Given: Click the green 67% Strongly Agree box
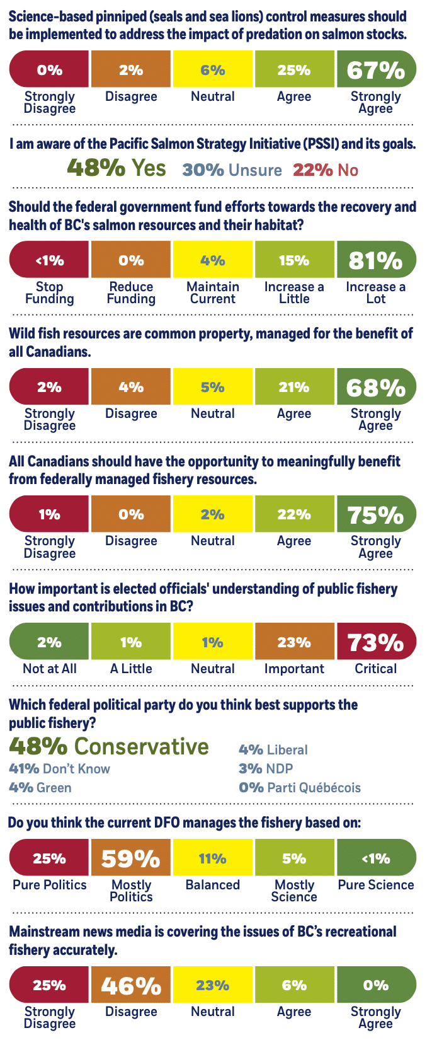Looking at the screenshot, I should (376, 69).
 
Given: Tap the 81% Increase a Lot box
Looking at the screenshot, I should (376, 260).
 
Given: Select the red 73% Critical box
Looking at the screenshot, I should (376, 642).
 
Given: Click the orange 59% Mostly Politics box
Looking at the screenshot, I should (131, 858).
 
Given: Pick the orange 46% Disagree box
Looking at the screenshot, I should (131, 984).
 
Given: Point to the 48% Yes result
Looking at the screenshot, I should (117, 168).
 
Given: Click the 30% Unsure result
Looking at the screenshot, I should (232, 170).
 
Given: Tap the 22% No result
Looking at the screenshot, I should (325, 170).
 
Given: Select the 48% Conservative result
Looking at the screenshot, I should (109, 746).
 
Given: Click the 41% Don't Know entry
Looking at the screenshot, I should (59, 769).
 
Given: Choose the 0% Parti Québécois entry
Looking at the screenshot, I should (300, 788).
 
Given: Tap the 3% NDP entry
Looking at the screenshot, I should (266, 769).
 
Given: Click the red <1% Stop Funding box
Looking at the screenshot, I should (49, 260).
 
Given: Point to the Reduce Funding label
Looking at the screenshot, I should (131, 293).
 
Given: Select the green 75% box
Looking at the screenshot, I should (376, 514).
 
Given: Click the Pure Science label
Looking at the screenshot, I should (376, 885).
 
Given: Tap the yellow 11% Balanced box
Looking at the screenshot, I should (213, 858).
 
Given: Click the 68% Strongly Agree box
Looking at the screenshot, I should (376, 387).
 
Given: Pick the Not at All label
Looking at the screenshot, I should (49, 669).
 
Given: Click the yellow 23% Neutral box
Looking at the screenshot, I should (213, 984).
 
